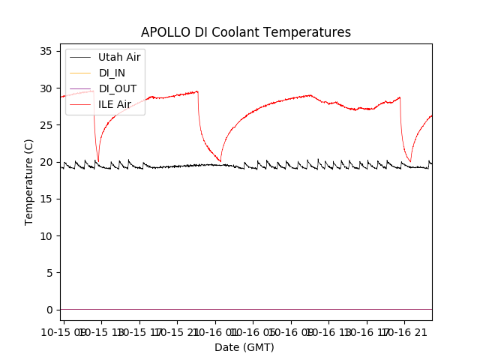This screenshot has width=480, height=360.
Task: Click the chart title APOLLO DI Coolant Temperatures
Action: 246,32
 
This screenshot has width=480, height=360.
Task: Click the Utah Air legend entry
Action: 119,56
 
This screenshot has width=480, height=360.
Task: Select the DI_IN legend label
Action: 112,72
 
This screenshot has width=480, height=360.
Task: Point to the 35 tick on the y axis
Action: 46,51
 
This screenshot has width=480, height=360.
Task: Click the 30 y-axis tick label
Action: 46,88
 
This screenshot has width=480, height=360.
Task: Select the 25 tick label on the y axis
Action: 46,124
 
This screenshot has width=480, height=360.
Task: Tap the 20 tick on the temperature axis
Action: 46,162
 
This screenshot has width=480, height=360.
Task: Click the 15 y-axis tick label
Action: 46,199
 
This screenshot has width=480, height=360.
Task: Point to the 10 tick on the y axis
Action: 46,235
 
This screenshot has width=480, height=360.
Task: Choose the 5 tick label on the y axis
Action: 49,272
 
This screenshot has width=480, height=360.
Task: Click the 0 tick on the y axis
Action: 49,310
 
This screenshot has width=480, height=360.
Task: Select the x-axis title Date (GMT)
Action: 244,347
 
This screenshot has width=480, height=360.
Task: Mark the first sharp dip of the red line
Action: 97,160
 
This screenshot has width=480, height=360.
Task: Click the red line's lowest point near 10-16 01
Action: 220,160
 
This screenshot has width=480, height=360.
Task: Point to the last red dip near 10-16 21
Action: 410,161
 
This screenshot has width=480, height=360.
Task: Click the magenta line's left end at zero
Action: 61,309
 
